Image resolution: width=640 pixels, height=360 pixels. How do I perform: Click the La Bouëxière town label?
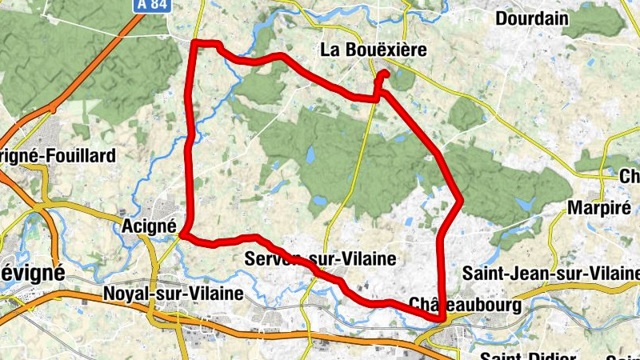tap(372, 50)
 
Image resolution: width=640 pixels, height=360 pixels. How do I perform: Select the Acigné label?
tap(150, 226)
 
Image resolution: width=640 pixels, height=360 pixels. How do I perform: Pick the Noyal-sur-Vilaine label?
tap(173, 294)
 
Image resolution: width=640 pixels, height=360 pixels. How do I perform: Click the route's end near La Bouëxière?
tap(386, 74)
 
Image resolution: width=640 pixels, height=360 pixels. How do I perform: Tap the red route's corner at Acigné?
tap(184, 234)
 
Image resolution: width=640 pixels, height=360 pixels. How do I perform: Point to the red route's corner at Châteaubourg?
tap(441, 318)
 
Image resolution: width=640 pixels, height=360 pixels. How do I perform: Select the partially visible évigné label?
tap(32, 271)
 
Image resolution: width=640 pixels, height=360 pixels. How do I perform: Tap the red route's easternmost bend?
tap(460, 200)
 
